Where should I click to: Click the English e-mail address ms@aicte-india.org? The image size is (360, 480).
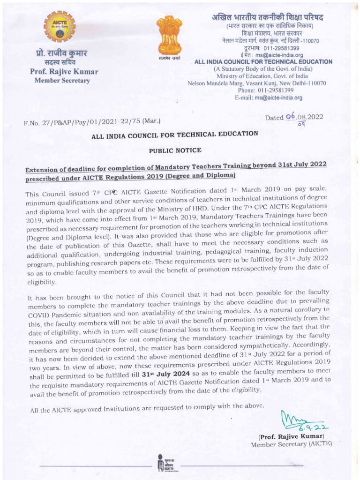[x=278, y=98]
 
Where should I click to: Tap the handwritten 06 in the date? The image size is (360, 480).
[x=291, y=116]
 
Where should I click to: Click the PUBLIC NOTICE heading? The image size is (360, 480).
[x=175, y=150]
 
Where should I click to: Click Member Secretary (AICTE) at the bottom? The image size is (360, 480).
[x=291, y=444]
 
